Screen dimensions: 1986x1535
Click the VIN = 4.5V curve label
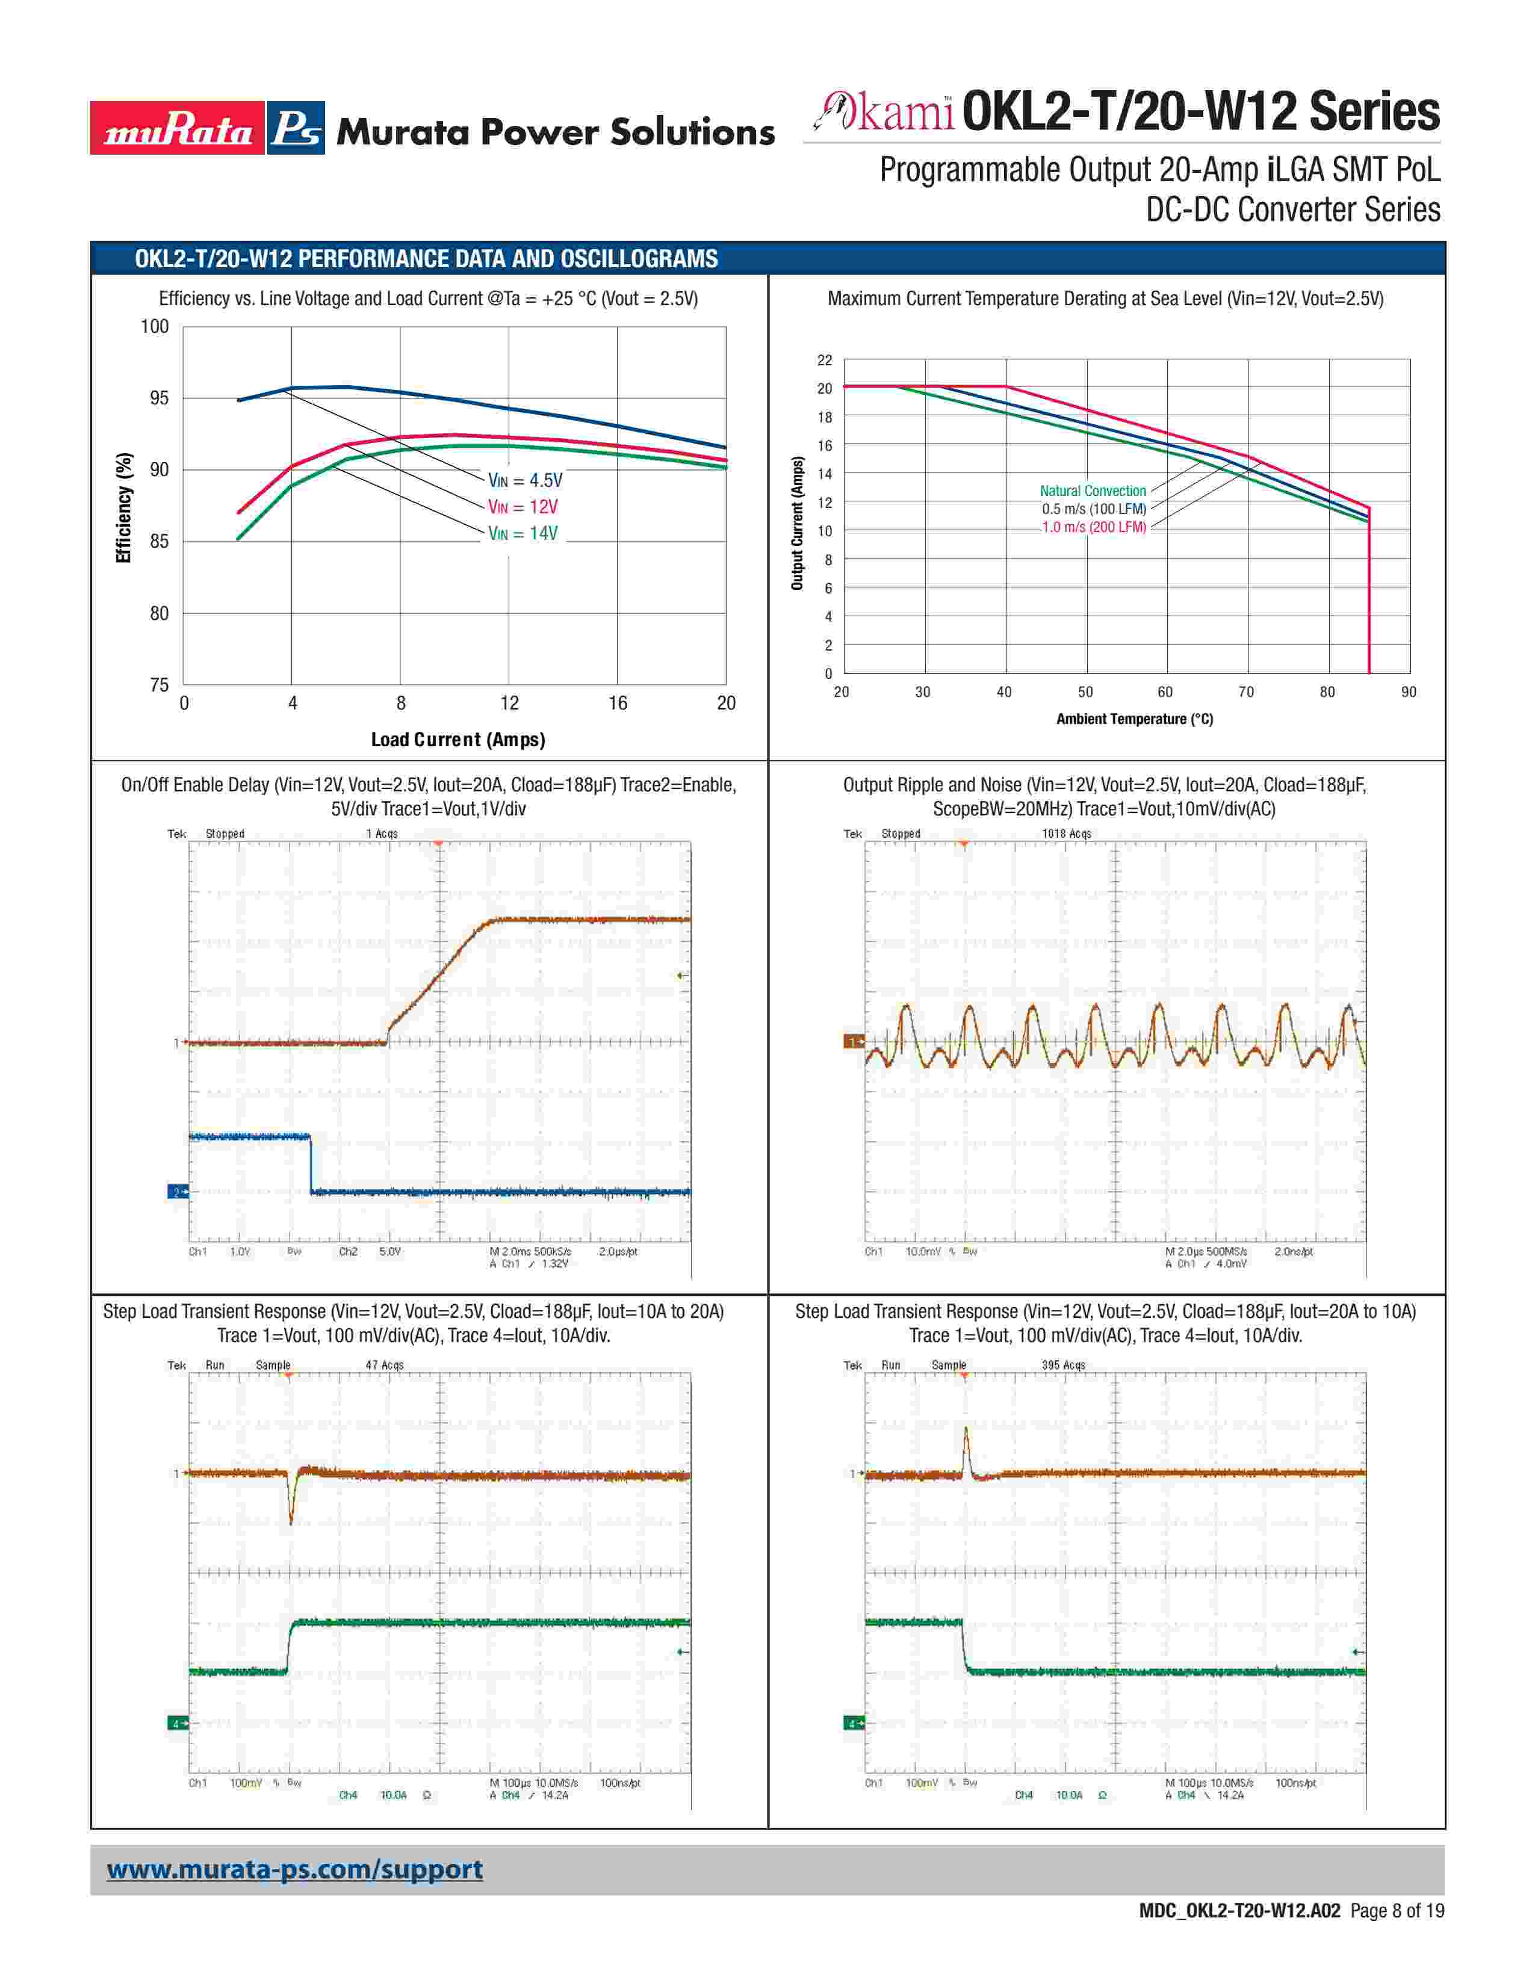click(525, 480)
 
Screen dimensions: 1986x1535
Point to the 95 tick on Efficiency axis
click(158, 398)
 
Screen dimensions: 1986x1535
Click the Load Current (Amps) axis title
click(457, 739)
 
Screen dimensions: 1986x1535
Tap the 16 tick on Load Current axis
click(618, 703)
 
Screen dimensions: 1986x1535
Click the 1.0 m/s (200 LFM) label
click(1093, 527)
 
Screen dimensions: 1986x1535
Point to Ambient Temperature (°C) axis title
click(1134, 719)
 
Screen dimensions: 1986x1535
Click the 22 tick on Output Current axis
click(824, 360)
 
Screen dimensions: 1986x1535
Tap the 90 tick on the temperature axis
click(1409, 692)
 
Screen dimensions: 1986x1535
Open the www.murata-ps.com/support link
click(294, 1870)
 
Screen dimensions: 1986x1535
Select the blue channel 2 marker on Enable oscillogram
click(176, 1191)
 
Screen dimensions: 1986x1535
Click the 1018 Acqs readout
click(1065, 834)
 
